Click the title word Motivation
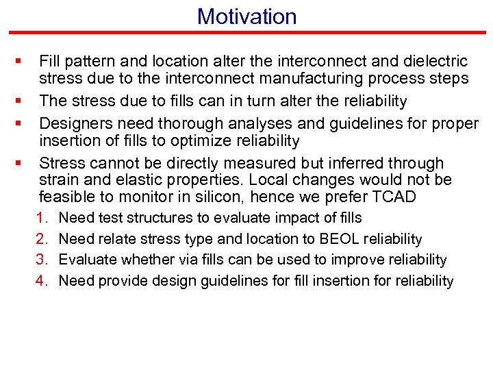pos(246,16)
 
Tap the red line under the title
pos(246,32)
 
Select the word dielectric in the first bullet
pos(433,61)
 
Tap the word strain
pos(57,180)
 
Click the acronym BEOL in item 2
pos(331,239)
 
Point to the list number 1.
pos(42,218)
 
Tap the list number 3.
pos(42,260)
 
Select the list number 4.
pos(42,280)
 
